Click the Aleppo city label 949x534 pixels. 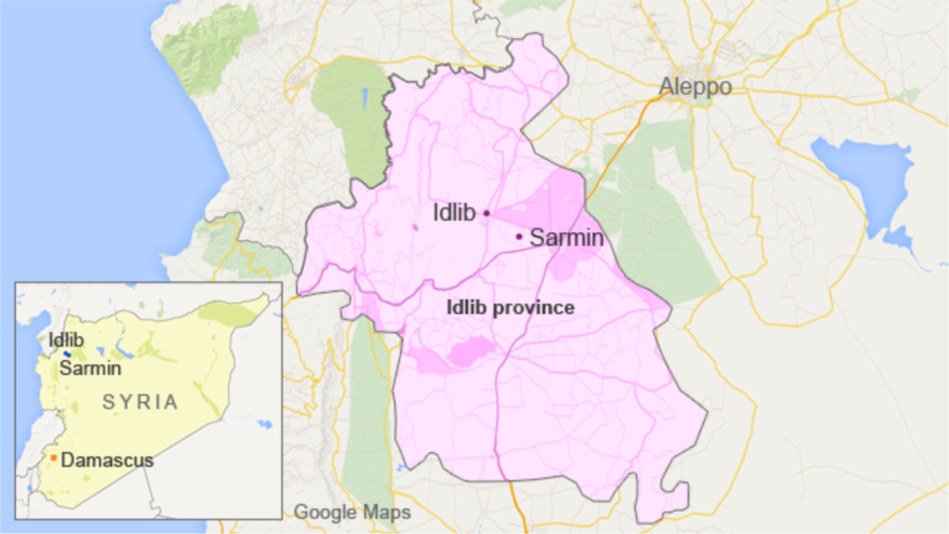(696, 86)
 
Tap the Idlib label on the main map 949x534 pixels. (454, 213)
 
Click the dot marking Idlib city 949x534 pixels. (486, 213)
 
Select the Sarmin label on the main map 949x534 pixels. (566, 237)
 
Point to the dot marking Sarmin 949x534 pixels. (519, 236)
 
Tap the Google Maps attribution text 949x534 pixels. (352, 513)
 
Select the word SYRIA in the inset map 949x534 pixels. (140, 402)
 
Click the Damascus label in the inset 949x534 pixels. (107, 460)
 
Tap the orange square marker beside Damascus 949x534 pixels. (53, 458)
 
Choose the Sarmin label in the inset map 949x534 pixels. (90, 369)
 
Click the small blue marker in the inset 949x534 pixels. (67, 354)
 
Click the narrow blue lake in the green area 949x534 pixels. (365, 100)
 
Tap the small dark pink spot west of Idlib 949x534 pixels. (415, 228)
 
